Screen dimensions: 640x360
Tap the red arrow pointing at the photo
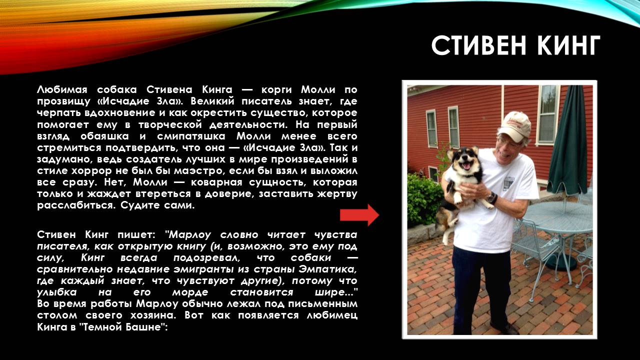pos(359,215)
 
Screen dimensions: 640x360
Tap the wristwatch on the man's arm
pos(492,197)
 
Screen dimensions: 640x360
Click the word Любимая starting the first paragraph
pos(62,89)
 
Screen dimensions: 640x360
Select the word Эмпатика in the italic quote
pos(327,269)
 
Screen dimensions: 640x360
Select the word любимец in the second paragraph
pos(332,315)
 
